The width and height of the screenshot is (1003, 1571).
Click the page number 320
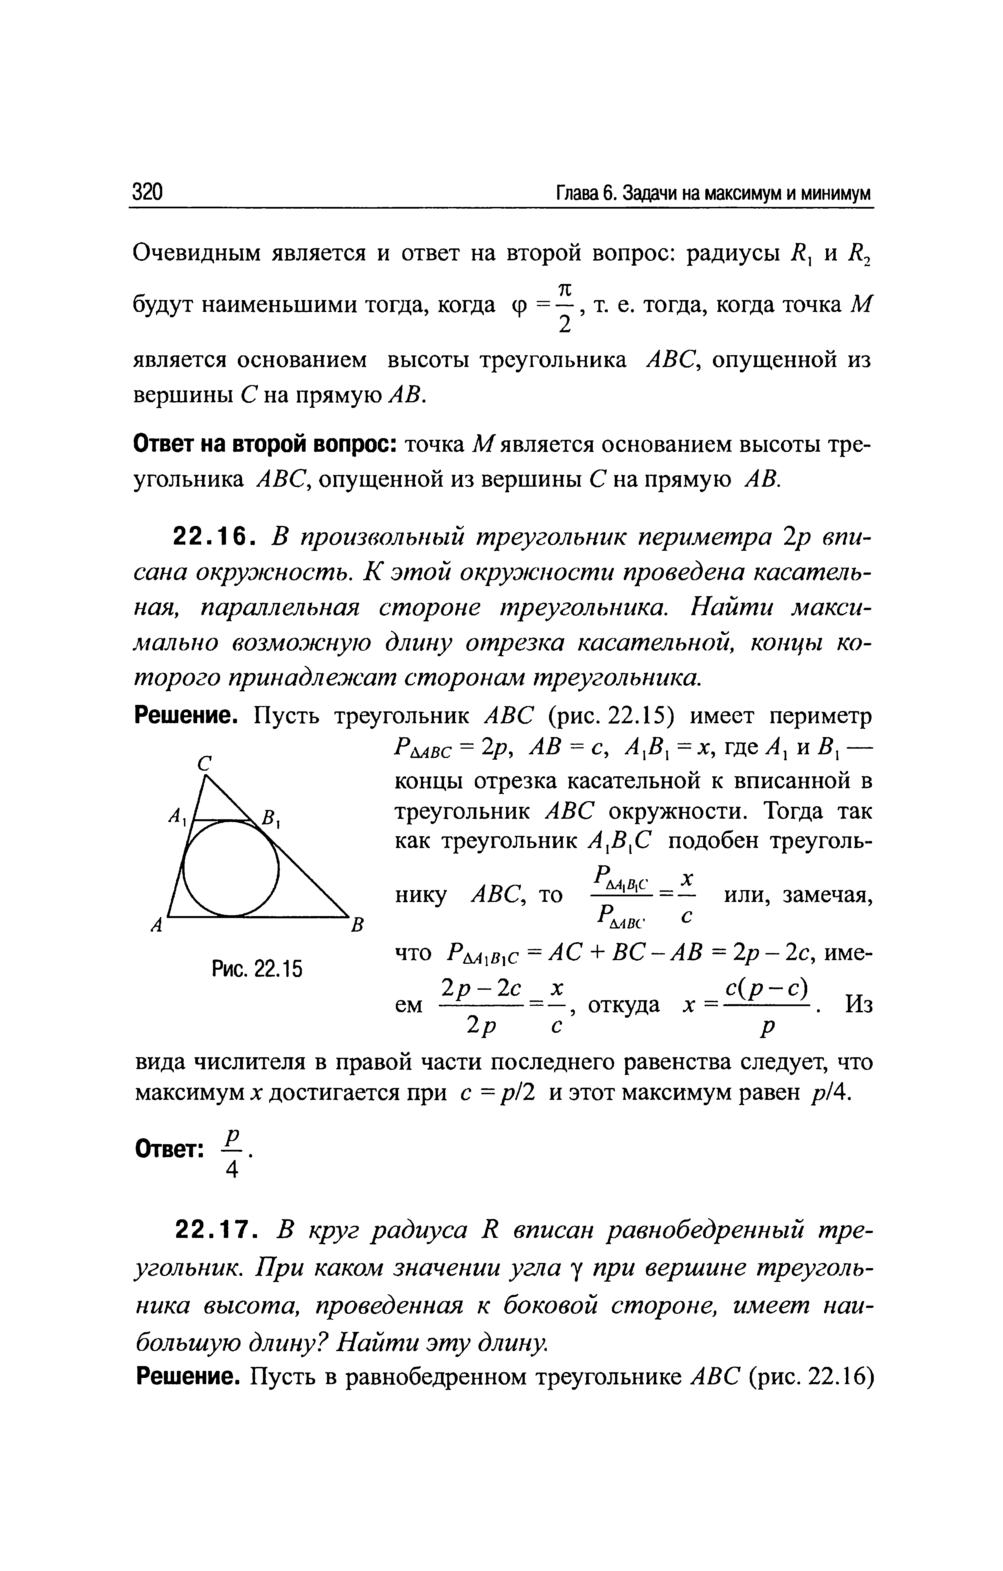[147, 193]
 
